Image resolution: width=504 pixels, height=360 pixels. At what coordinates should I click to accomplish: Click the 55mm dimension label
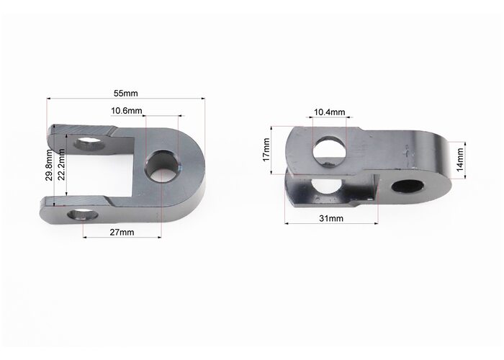pyautogui.click(x=126, y=93)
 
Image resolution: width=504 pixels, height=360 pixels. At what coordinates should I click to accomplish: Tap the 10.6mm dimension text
pyautogui.click(x=126, y=111)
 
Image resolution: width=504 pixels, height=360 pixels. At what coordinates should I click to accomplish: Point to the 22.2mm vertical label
pyautogui.click(x=61, y=164)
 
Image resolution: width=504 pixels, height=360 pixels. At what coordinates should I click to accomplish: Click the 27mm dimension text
pyautogui.click(x=122, y=232)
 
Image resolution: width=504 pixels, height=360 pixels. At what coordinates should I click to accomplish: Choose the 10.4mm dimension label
pyautogui.click(x=329, y=112)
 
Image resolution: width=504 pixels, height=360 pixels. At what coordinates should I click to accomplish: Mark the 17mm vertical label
pyautogui.click(x=266, y=150)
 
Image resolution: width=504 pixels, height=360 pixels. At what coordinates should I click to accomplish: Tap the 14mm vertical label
pyautogui.click(x=460, y=159)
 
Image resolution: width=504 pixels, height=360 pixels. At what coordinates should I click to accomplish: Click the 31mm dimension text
pyautogui.click(x=331, y=218)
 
